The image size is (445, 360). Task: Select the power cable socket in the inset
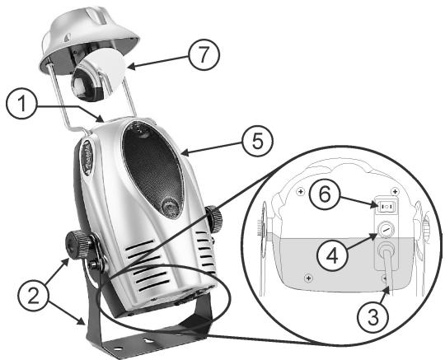click(x=386, y=255)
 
